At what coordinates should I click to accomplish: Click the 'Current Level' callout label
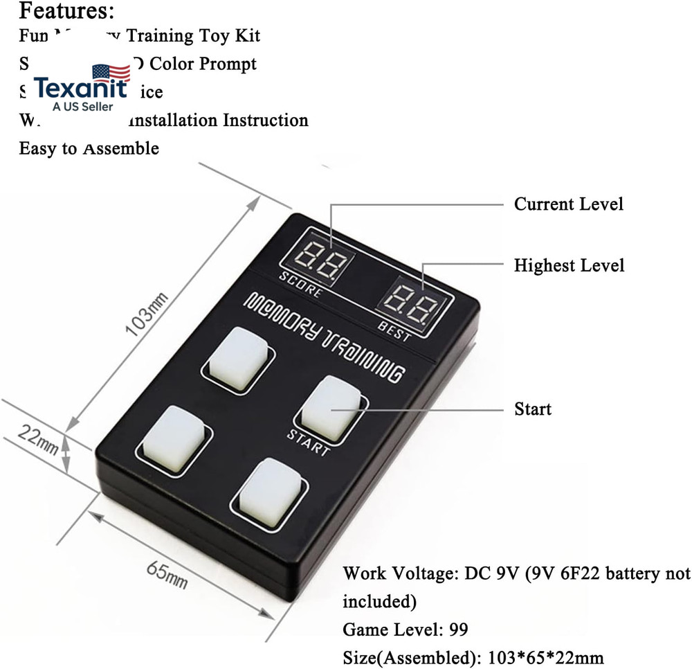tap(568, 204)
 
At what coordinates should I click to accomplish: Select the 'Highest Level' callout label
tap(569, 265)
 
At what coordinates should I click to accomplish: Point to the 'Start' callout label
tap(533, 409)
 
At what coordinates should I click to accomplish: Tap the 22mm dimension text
tap(37, 438)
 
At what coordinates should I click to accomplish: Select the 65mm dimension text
tap(166, 574)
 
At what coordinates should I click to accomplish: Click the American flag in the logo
tap(111, 73)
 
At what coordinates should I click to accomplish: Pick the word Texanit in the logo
tap(81, 89)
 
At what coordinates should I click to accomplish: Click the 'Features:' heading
tap(66, 11)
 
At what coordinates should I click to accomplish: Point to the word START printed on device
tap(308, 444)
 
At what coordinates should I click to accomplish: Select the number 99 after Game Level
tap(457, 630)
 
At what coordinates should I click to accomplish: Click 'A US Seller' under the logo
tap(82, 107)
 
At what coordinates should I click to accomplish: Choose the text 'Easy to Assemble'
tap(89, 148)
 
